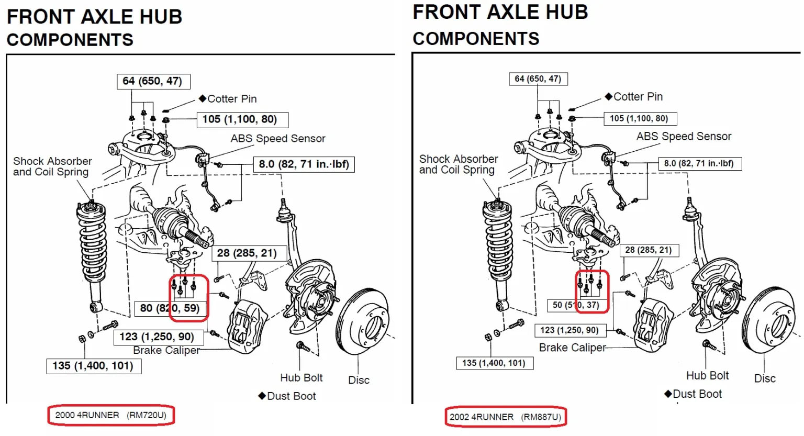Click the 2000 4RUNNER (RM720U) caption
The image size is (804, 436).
pyautogui.click(x=110, y=415)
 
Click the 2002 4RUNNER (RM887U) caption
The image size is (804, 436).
pyautogui.click(x=505, y=417)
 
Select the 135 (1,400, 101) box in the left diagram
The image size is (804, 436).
pyautogui.click(x=93, y=366)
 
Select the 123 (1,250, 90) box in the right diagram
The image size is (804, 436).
pyautogui.click(x=569, y=330)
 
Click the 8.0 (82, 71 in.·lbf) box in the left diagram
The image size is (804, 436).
pyautogui.click(x=304, y=164)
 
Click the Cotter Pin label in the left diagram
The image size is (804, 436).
pyautogui.click(x=232, y=99)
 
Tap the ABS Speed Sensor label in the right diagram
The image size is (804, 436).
pyautogui.click(x=684, y=137)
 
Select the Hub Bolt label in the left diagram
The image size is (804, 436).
pyautogui.click(x=301, y=377)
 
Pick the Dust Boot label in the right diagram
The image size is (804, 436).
pyautogui.click(x=697, y=394)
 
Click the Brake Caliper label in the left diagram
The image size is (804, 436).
pyautogui.click(x=166, y=350)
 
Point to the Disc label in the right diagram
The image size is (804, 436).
pyautogui.click(x=765, y=378)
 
